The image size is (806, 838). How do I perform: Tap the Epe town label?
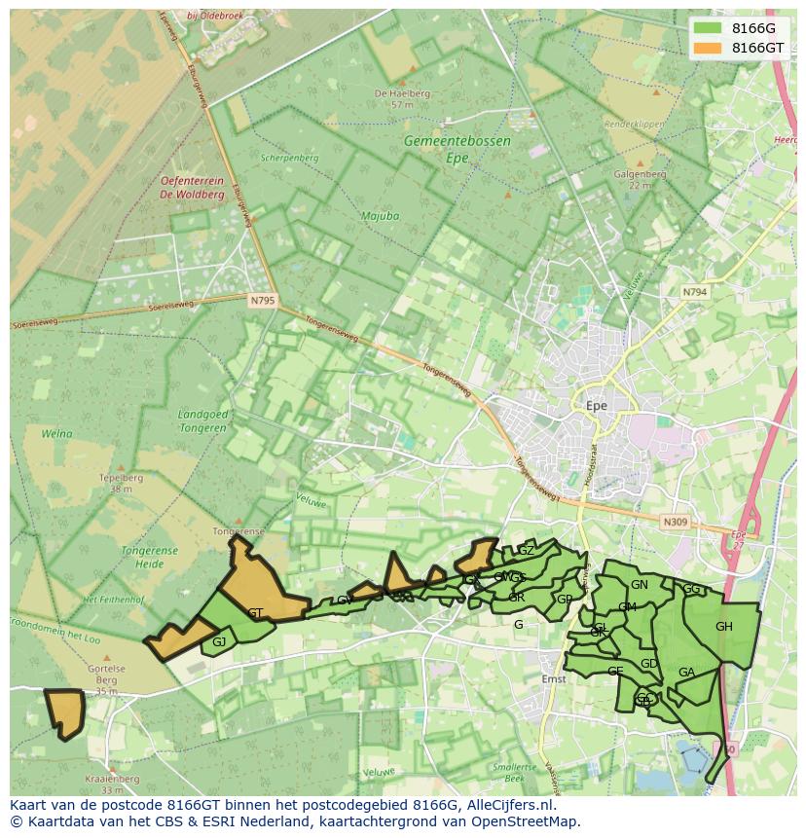pyautogui.click(x=597, y=405)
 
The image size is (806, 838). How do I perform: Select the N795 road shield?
pyautogui.click(x=263, y=301)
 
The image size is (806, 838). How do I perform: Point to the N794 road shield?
pyautogui.click(x=694, y=292)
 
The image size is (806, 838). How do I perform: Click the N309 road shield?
pyautogui.click(x=676, y=523)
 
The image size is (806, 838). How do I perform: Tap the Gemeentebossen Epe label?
pyautogui.click(x=457, y=149)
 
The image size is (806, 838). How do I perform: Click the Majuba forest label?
pyautogui.click(x=380, y=216)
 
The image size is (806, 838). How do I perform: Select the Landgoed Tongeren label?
pyautogui.click(x=203, y=420)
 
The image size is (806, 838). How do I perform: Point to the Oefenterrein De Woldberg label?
pyautogui.click(x=192, y=187)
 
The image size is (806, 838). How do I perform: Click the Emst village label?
pyautogui.click(x=553, y=679)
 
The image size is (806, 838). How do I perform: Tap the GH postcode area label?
pyautogui.click(x=723, y=627)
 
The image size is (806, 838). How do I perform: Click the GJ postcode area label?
pyautogui.click(x=219, y=641)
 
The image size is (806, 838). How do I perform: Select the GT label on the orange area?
pyautogui.click(x=255, y=613)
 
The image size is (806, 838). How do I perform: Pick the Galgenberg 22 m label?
pyautogui.click(x=640, y=179)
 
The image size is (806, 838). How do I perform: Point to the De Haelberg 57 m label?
pyautogui.click(x=402, y=98)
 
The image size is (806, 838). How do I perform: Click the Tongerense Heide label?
pyautogui.click(x=149, y=557)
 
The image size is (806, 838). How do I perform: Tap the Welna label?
pyautogui.click(x=57, y=434)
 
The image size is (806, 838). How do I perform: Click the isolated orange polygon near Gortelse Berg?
pyautogui.click(x=65, y=713)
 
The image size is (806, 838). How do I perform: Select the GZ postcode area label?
pyautogui.click(x=526, y=551)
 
